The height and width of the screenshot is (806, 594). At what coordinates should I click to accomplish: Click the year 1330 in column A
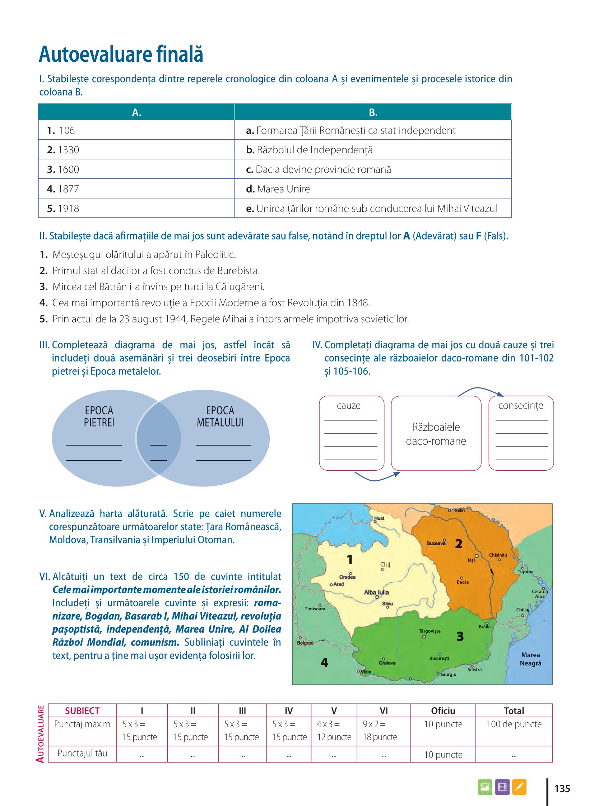(x=68, y=150)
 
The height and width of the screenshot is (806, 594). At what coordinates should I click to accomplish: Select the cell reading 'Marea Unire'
(x=283, y=189)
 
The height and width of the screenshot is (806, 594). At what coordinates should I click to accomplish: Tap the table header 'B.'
(x=373, y=112)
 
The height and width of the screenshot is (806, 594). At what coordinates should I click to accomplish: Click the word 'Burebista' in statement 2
(x=238, y=271)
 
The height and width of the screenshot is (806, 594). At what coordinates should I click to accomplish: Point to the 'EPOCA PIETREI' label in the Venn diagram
(x=99, y=416)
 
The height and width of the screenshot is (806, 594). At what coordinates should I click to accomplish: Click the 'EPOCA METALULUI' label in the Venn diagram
(x=220, y=416)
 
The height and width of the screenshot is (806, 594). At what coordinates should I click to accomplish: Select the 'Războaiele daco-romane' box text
(x=436, y=434)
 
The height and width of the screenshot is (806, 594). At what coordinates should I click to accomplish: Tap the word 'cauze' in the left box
(x=348, y=406)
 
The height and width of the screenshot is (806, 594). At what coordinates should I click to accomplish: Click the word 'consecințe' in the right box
(x=521, y=406)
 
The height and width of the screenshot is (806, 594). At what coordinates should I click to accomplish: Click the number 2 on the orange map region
(x=459, y=544)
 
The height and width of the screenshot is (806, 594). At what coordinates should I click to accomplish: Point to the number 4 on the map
(x=324, y=662)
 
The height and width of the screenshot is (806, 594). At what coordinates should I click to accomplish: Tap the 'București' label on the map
(x=439, y=658)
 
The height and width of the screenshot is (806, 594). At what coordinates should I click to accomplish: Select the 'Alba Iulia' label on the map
(x=376, y=592)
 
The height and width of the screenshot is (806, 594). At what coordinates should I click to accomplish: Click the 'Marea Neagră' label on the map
(x=530, y=659)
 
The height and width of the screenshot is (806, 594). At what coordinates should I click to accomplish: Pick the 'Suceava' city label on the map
(x=436, y=543)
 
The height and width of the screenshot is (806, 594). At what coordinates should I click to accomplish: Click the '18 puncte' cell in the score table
(x=380, y=737)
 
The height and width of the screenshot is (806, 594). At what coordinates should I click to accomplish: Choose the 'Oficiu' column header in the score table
(x=443, y=711)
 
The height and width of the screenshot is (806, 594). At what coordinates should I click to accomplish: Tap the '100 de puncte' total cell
(x=514, y=724)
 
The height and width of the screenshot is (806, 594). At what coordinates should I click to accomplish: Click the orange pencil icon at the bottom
(x=519, y=787)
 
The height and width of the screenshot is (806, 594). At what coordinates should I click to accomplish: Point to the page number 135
(x=562, y=789)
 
